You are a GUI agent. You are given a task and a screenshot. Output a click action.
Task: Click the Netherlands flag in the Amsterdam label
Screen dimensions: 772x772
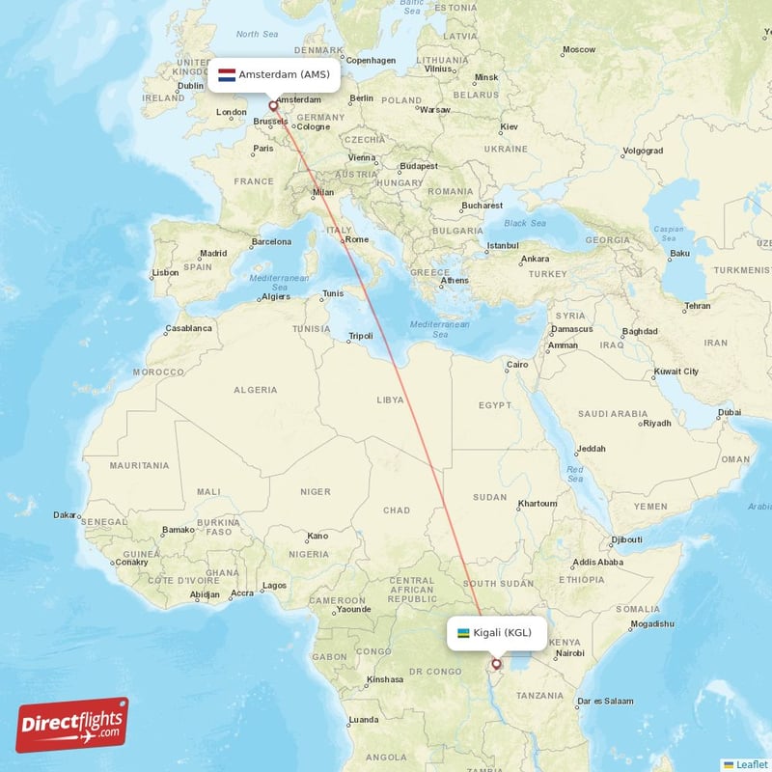[227, 74]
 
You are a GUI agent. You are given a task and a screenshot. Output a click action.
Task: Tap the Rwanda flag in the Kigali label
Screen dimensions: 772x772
[463, 633]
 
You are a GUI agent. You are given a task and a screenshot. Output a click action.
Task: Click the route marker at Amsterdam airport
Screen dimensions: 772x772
[273, 105]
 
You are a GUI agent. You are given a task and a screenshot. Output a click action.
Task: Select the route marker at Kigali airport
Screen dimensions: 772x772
[497, 664]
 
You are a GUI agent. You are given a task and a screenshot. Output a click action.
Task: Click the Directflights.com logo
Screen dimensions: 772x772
[71, 725]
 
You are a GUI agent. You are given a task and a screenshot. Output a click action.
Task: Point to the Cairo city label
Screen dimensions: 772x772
[518, 365]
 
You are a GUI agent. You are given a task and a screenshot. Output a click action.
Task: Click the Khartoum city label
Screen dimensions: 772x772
[538, 504]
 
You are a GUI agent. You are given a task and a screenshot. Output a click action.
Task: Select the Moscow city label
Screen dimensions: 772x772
[579, 49]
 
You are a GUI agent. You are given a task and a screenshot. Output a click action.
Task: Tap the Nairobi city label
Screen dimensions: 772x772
[570, 653]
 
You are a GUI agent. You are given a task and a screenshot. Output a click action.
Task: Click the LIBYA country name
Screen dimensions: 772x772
[390, 399]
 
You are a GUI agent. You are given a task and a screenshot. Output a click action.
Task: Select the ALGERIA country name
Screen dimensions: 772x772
[255, 390]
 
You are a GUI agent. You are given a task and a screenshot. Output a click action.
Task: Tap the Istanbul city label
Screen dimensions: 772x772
[502, 245]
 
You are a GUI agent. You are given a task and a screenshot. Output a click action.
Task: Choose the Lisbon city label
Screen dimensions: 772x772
[165, 272]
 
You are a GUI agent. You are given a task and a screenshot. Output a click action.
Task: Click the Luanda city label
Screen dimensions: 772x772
[364, 720]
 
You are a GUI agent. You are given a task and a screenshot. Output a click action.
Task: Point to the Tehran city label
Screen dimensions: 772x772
[697, 306]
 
